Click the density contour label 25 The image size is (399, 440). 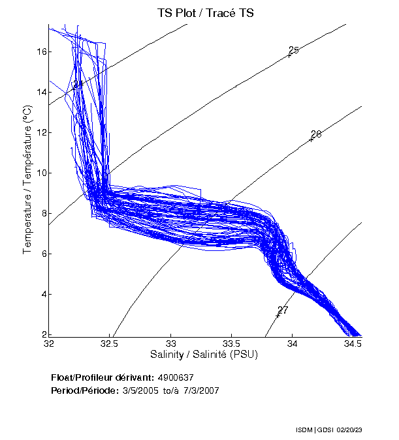click(294, 50)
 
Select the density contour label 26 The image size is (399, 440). click(316, 134)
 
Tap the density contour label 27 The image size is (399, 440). click(283, 310)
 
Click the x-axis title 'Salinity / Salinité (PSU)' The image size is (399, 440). click(205, 355)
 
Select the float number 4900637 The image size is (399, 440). click(176, 377)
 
